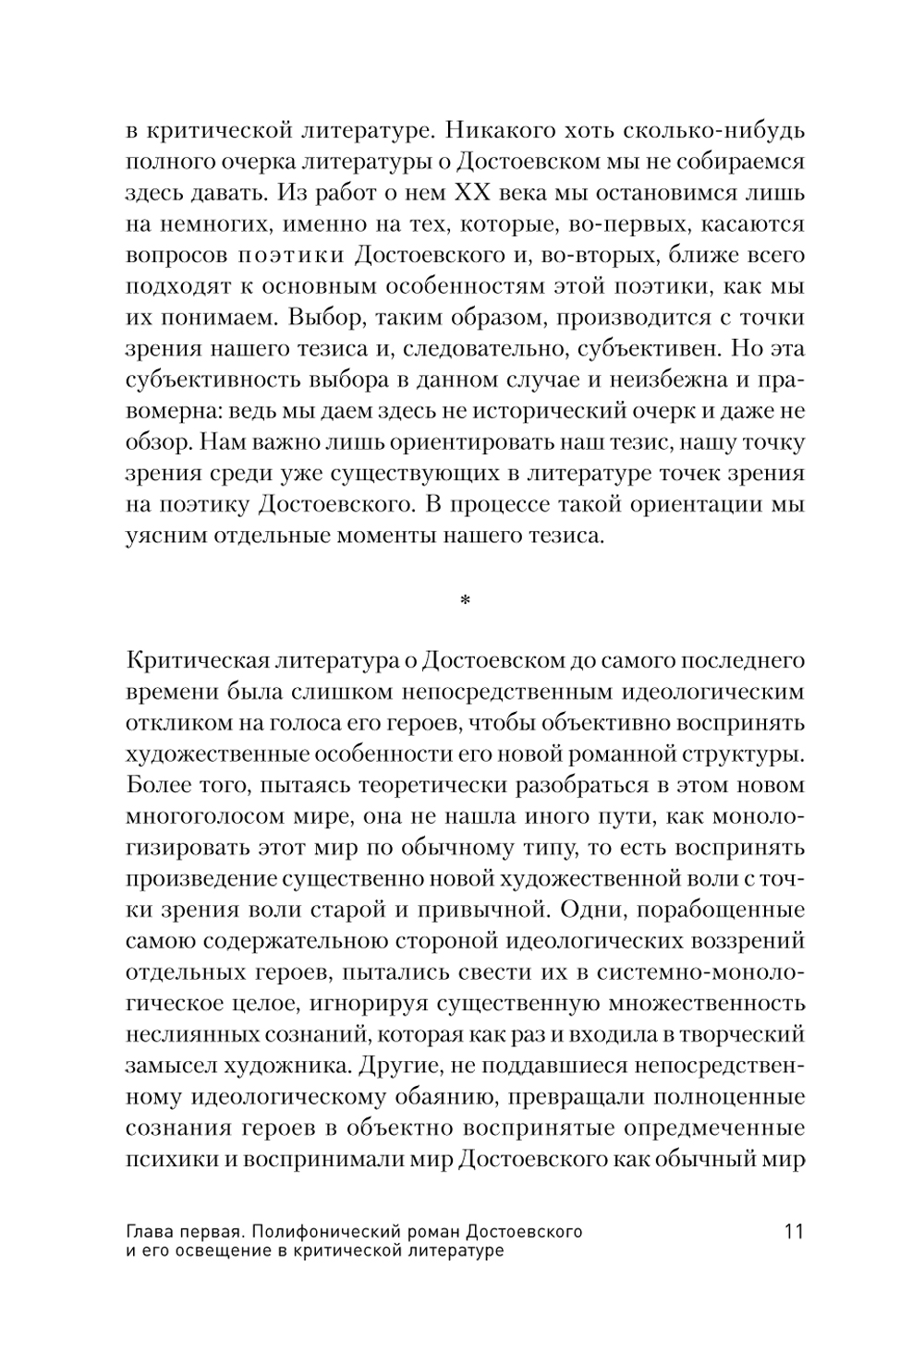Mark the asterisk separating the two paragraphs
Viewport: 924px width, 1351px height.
(x=464, y=601)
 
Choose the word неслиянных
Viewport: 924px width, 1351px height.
(x=177, y=1038)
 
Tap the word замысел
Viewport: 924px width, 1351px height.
(x=167, y=1069)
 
